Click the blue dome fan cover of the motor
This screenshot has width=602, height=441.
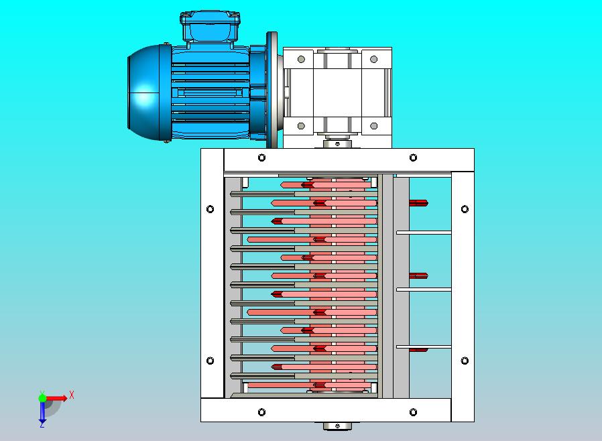pyautogui.click(x=144, y=94)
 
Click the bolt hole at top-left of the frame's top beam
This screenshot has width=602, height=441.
pyautogui.click(x=261, y=157)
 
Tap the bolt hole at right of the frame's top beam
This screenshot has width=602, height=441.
pyautogui.click(x=414, y=157)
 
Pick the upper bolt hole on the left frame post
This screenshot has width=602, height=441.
pyautogui.click(x=210, y=209)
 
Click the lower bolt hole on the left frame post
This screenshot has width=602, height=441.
pyautogui.click(x=210, y=361)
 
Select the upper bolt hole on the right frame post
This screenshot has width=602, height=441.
pyautogui.click(x=465, y=209)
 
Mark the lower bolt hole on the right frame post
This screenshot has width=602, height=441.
pyautogui.click(x=465, y=361)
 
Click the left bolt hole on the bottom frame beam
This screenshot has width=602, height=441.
pyautogui.click(x=261, y=412)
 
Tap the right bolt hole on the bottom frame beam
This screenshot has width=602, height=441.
pyautogui.click(x=414, y=412)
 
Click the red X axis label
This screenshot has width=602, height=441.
pyautogui.click(x=72, y=395)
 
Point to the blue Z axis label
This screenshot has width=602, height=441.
pyautogui.click(x=42, y=424)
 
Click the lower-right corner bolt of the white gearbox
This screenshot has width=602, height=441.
pyautogui.click(x=373, y=125)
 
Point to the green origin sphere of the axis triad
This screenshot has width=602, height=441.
pyautogui.click(x=42, y=397)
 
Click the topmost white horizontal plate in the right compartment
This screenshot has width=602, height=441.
pyautogui.click(x=424, y=233)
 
